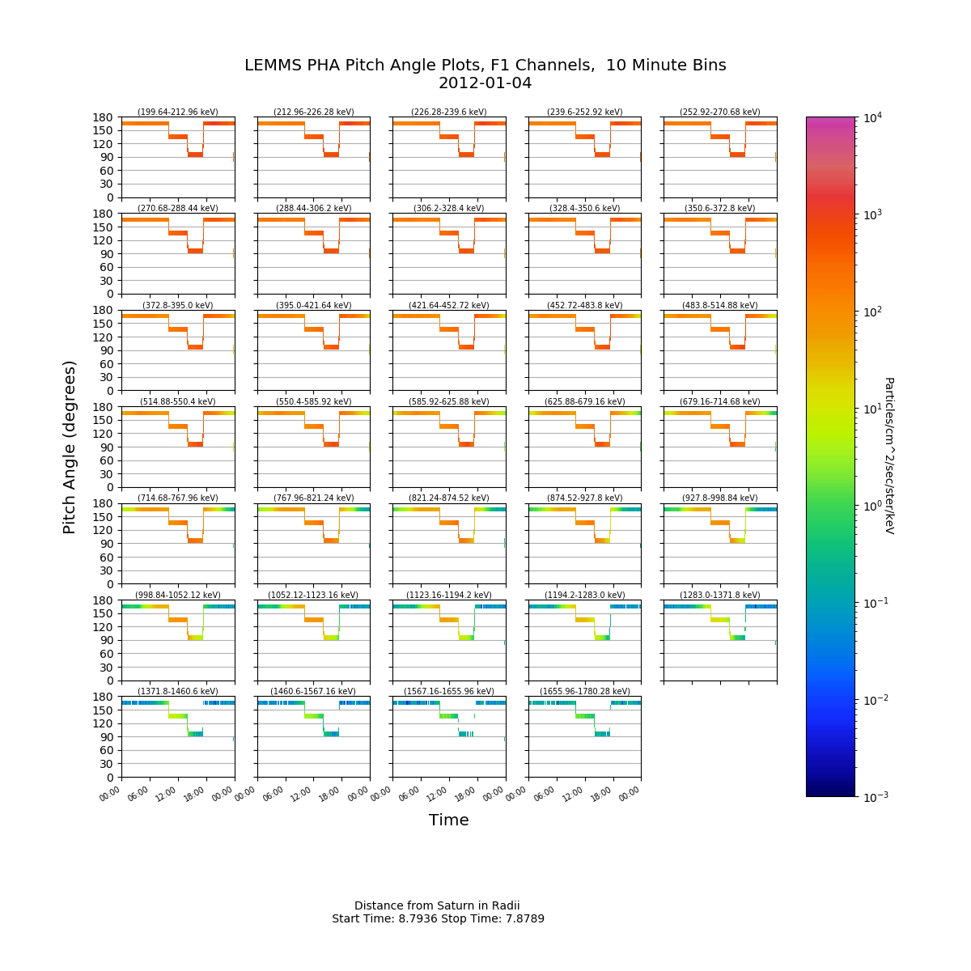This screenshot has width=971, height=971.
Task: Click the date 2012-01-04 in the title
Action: click(485, 83)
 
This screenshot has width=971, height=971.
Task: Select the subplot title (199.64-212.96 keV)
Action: click(178, 112)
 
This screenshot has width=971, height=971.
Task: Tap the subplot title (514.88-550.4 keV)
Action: click(178, 401)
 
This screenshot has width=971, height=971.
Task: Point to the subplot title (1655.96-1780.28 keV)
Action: click(584, 691)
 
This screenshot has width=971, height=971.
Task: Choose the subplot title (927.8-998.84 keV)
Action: click(720, 498)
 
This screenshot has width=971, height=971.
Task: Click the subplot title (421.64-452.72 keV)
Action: click(449, 305)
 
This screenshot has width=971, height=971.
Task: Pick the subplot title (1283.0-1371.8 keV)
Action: click(720, 595)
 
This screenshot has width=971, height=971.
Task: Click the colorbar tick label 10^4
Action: click(872, 118)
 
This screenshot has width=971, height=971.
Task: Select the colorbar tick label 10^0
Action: click(872, 506)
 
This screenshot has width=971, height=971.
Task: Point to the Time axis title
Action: click(448, 820)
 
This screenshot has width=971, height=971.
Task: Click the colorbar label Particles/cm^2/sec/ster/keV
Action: click(889, 456)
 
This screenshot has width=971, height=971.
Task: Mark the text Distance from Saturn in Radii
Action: click(437, 905)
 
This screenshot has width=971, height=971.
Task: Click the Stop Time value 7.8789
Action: click(525, 918)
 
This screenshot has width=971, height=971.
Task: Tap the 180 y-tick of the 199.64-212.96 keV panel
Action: click(103, 117)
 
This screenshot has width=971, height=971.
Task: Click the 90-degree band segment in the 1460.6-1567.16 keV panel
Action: click(331, 734)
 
